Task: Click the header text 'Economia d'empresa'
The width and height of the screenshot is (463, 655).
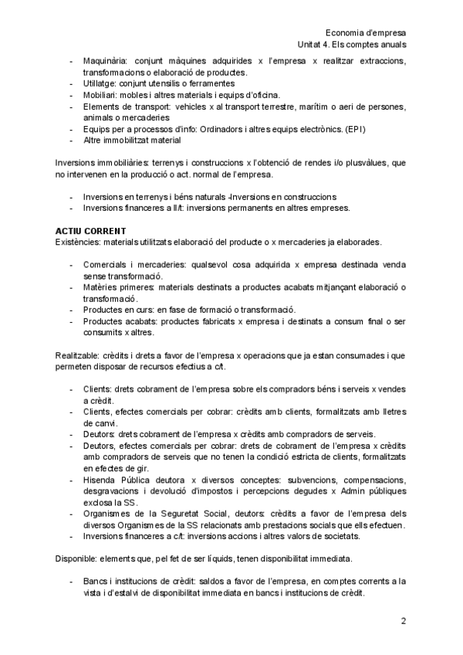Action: click(366, 33)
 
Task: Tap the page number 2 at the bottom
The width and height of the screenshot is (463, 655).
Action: click(403, 622)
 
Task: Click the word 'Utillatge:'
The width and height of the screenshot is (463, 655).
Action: click(101, 83)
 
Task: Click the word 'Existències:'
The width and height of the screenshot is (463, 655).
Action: click(79, 243)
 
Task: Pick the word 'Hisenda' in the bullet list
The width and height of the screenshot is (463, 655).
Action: click(101, 479)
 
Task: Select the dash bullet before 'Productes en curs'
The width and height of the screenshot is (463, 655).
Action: click(71, 311)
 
